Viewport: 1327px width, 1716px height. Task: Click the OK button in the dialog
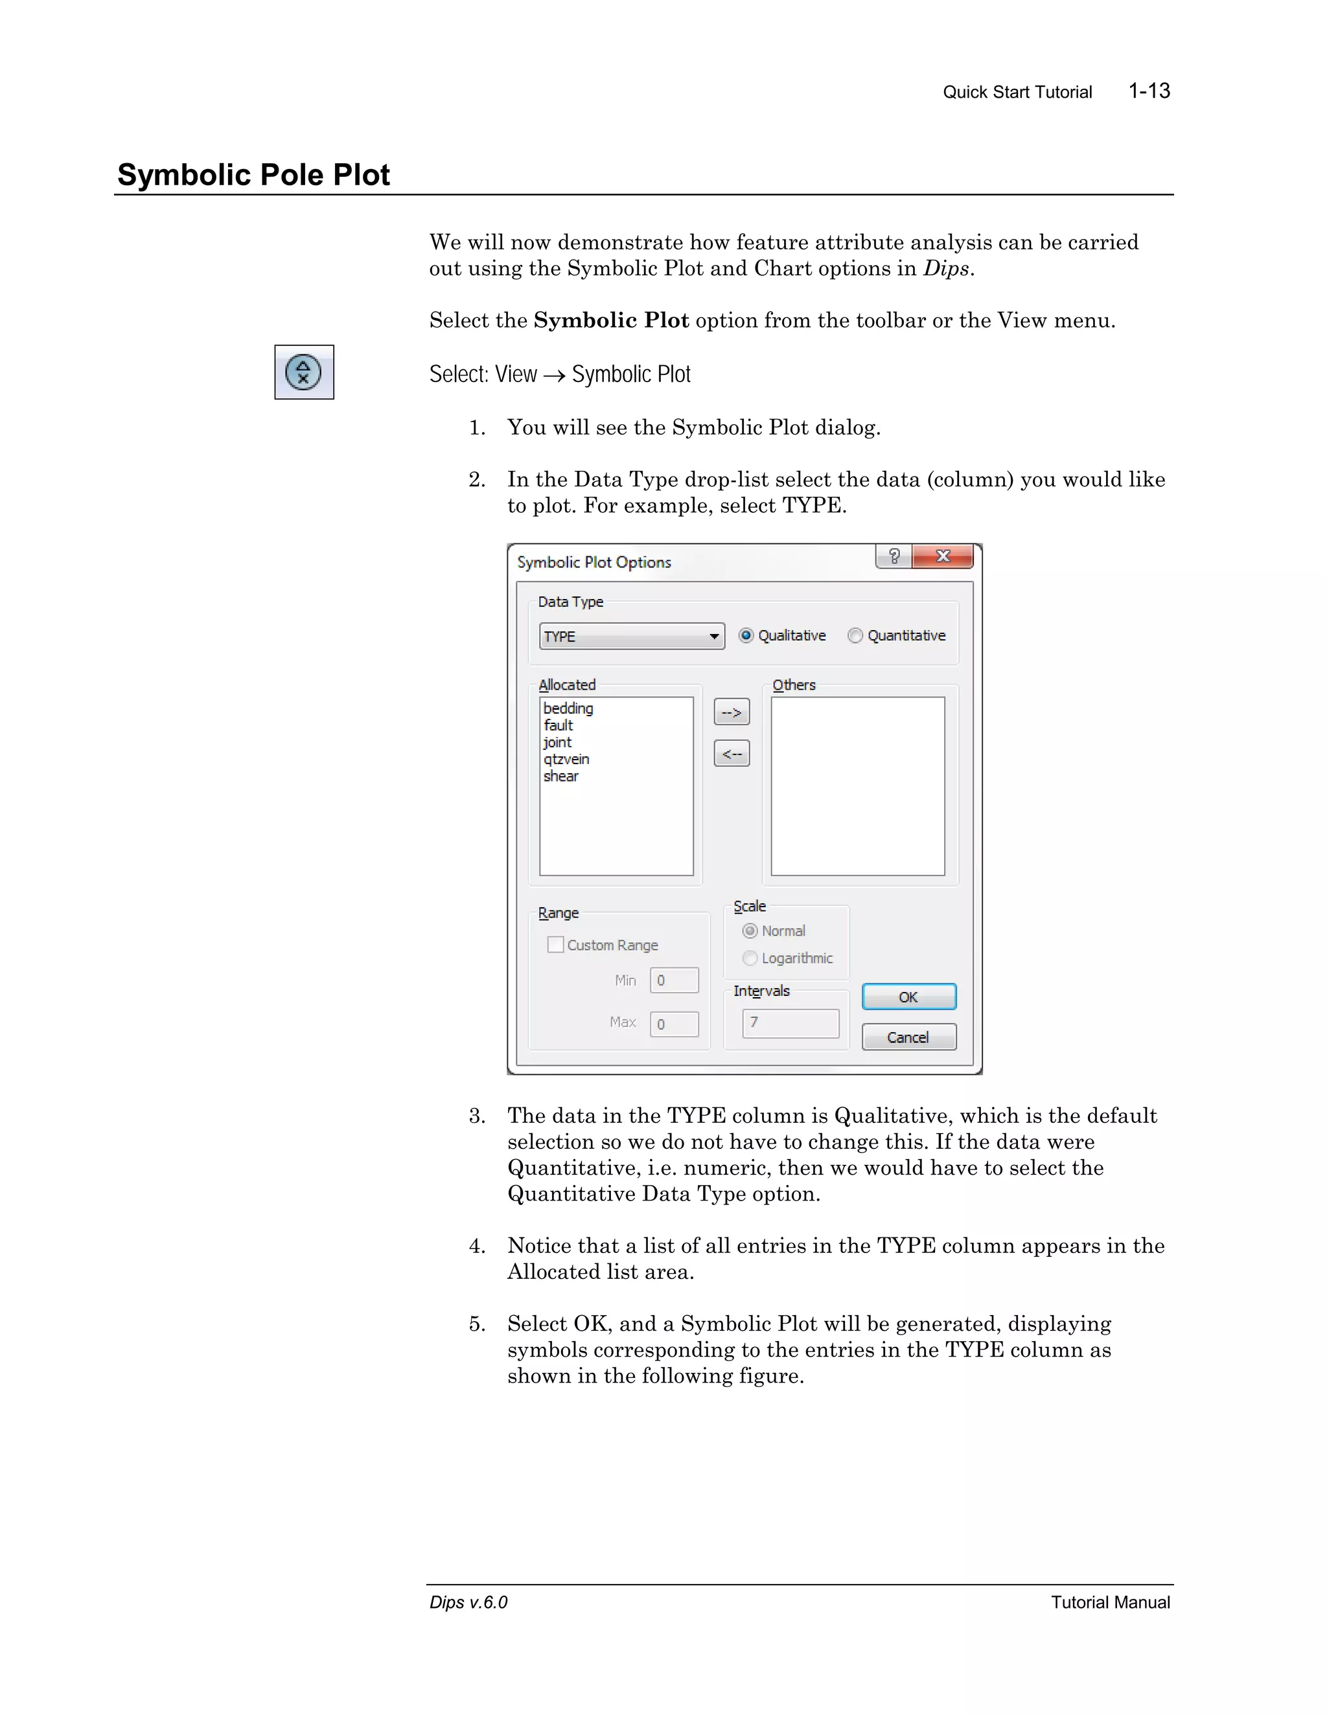[909, 997]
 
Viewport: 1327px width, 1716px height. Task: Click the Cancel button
[909, 1037]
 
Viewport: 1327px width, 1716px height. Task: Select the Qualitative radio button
[746, 636]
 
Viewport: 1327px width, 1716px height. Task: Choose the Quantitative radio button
[855, 636]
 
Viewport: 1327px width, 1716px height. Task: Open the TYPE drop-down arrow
[714, 637]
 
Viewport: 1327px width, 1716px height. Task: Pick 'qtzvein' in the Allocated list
[566, 759]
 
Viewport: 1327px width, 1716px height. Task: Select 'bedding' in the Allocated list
[568, 708]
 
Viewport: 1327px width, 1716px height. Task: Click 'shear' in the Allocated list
[560, 776]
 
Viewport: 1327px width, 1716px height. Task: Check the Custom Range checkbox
[556, 944]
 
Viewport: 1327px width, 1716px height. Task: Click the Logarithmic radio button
[750, 958]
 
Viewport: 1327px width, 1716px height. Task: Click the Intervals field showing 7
[790, 1023]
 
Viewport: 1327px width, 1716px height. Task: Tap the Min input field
[674, 980]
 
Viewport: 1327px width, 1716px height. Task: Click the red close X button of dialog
[943, 556]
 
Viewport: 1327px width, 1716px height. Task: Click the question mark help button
[894, 556]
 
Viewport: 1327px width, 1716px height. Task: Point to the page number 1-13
[1149, 91]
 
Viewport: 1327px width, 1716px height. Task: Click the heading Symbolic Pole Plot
[253, 174]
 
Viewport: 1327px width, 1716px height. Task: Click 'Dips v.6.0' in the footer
[468, 1602]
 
